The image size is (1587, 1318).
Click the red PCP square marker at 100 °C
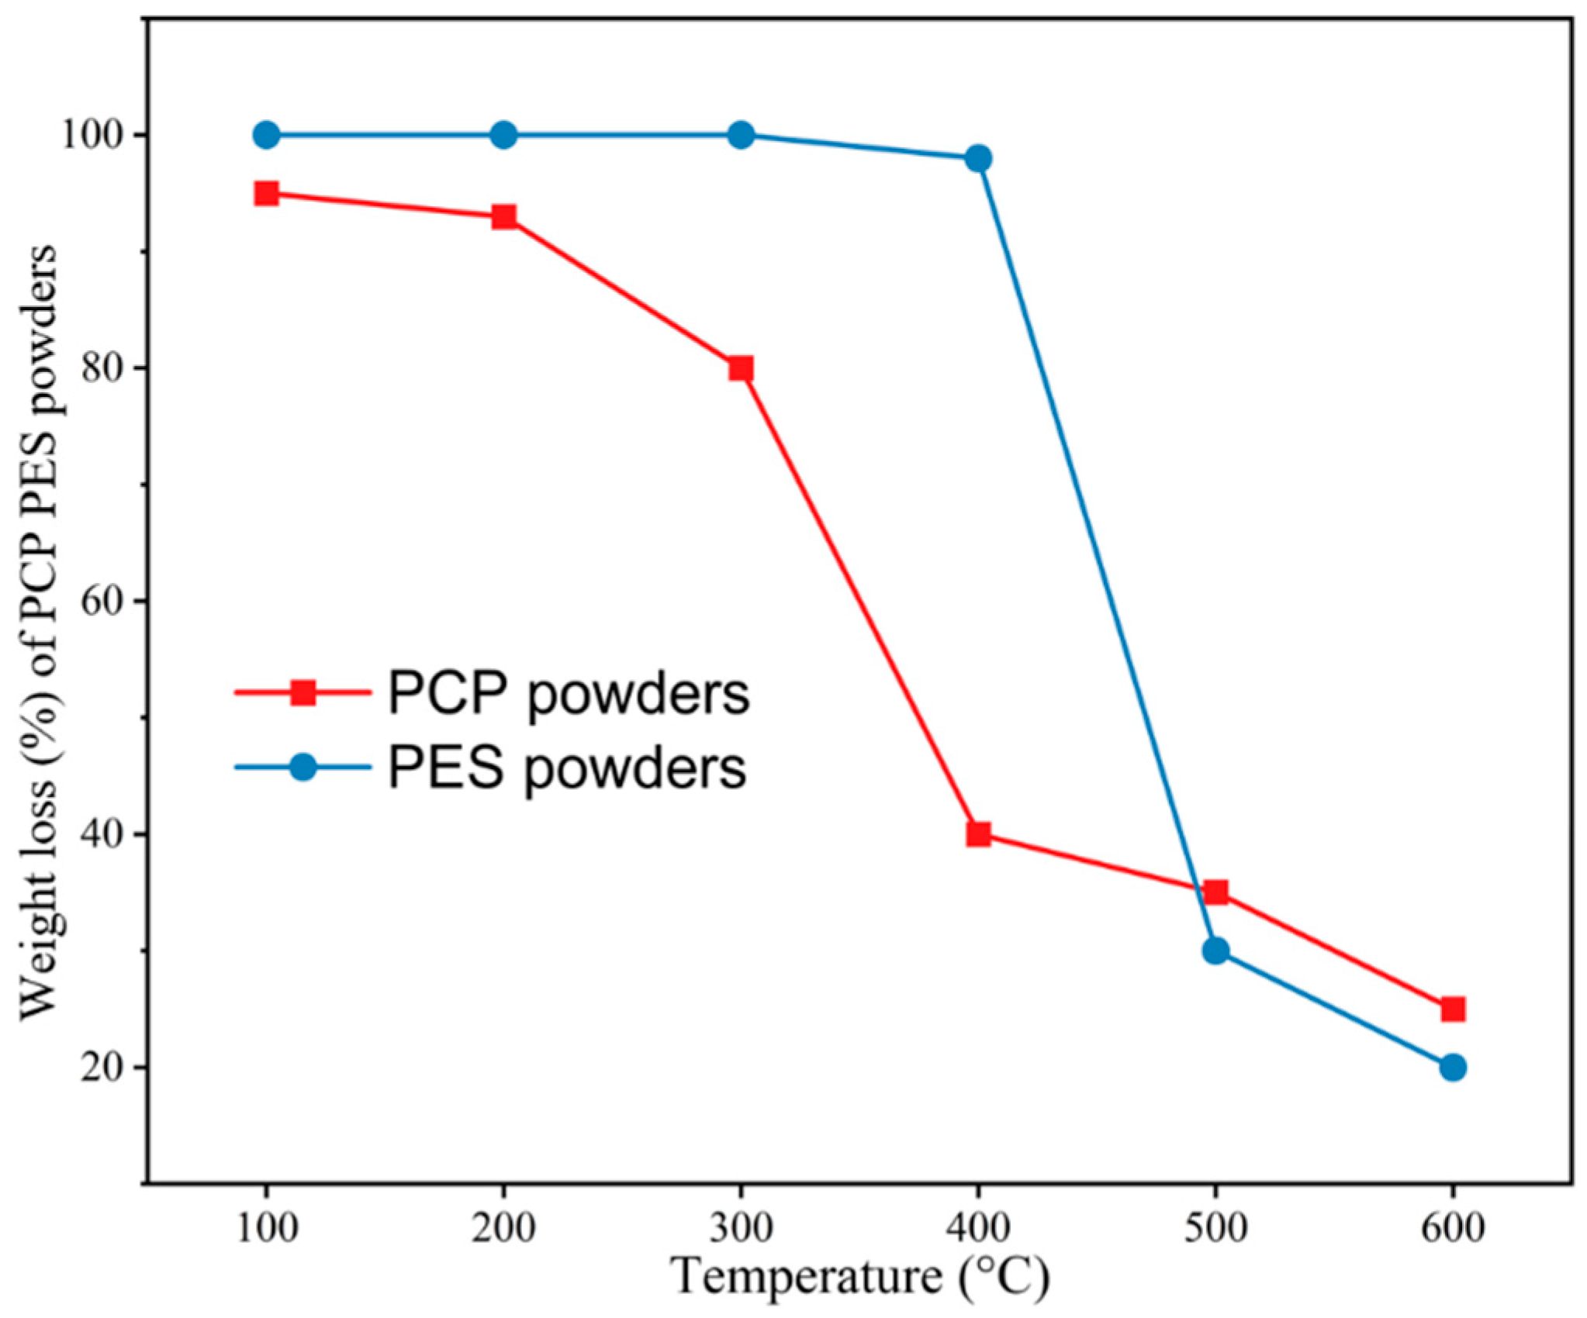pyautogui.click(x=266, y=193)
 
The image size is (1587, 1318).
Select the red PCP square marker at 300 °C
pyautogui.click(x=741, y=368)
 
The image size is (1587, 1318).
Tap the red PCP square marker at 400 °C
pyautogui.click(x=978, y=834)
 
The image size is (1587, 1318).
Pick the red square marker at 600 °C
pyautogui.click(x=1453, y=1009)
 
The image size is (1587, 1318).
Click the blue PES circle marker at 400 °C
pyautogui.click(x=978, y=159)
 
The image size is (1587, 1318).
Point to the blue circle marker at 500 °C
pyautogui.click(x=1215, y=951)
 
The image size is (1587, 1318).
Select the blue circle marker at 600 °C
pyautogui.click(x=1453, y=1068)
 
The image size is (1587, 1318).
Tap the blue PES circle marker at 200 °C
pyautogui.click(x=503, y=135)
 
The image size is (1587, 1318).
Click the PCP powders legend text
pyautogui.click(x=569, y=695)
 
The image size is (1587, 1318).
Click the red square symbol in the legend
pyautogui.click(x=303, y=692)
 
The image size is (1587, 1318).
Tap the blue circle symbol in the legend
pyautogui.click(x=303, y=768)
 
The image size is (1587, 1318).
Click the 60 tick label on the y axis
pyautogui.click(x=103, y=602)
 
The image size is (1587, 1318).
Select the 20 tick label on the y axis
pyautogui.click(x=103, y=1068)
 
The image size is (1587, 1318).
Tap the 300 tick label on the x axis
pyautogui.click(x=741, y=1228)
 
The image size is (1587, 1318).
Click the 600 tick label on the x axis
pyautogui.click(x=1453, y=1228)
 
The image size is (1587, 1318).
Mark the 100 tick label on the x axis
pyautogui.click(x=266, y=1228)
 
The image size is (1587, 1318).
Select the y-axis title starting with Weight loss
pyautogui.click(x=39, y=632)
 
